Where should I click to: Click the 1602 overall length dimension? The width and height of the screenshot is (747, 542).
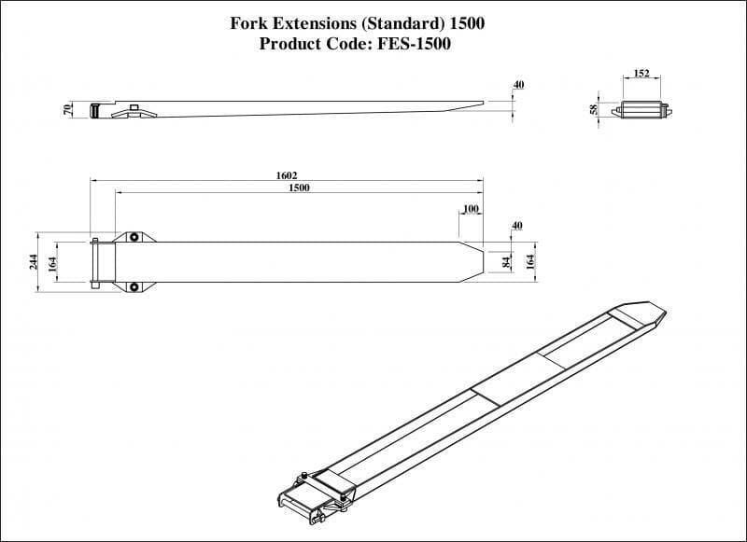(x=287, y=175)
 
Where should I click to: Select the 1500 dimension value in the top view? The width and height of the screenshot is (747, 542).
(x=299, y=188)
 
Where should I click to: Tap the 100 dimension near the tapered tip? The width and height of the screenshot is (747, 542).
(x=471, y=208)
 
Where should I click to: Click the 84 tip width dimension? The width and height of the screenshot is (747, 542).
(x=506, y=262)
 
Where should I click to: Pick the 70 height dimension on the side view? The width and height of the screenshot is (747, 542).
(x=68, y=110)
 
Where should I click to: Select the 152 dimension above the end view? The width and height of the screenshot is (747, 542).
(x=641, y=73)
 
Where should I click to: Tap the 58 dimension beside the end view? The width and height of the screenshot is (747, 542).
(x=595, y=110)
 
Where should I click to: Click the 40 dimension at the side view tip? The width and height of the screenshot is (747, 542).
(x=518, y=85)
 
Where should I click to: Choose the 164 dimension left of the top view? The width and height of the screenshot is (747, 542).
(x=51, y=262)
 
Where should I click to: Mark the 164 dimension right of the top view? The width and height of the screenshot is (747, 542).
(x=530, y=262)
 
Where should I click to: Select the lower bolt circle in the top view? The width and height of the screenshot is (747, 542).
(x=134, y=286)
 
